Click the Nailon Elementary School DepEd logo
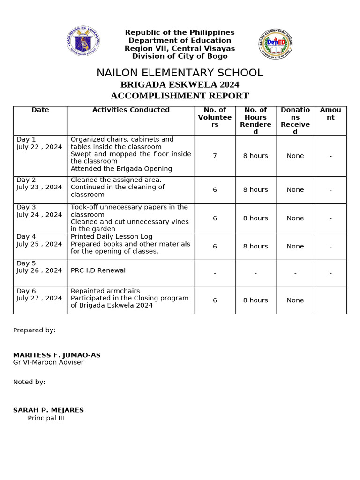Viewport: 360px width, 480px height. coord(275,44)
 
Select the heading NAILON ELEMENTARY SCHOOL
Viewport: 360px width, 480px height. coord(180,73)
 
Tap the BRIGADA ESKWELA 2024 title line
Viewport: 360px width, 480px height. coord(180,85)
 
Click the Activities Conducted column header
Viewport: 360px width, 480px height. coord(131,110)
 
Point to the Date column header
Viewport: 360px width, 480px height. coord(40,110)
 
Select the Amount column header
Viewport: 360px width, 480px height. coord(330,113)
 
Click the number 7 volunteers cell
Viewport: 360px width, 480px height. coord(215,156)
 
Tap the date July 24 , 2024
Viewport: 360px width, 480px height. coord(39,215)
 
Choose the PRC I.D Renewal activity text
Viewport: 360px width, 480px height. coord(98,270)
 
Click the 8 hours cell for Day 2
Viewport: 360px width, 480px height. coord(255,190)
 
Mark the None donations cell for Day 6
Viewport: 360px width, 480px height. coord(295,300)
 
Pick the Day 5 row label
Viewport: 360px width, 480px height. coord(26,263)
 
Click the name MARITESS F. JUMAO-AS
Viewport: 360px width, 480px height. coord(57,355)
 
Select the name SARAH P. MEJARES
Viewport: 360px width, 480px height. coord(48,410)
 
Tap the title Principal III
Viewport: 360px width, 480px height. coord(45,418)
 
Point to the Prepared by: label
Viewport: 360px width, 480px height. coord(34,330)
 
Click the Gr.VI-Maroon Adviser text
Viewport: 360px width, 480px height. coord(48,362)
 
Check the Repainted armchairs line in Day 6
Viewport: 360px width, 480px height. coord(105,291)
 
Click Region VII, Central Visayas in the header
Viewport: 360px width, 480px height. coord(180,49)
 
